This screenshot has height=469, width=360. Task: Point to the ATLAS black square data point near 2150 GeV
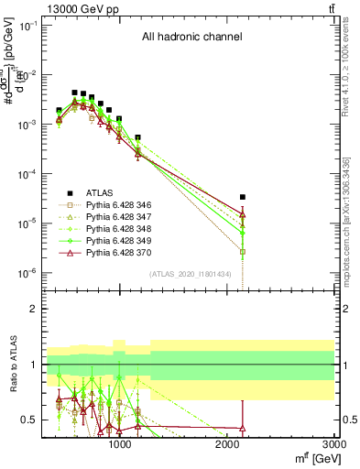coord(243,197)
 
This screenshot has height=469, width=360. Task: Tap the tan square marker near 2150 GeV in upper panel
coord(243,251)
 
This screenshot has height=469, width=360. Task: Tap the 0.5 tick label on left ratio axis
coord(28,420)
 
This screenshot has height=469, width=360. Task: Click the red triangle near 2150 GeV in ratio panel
coord(243,428)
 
